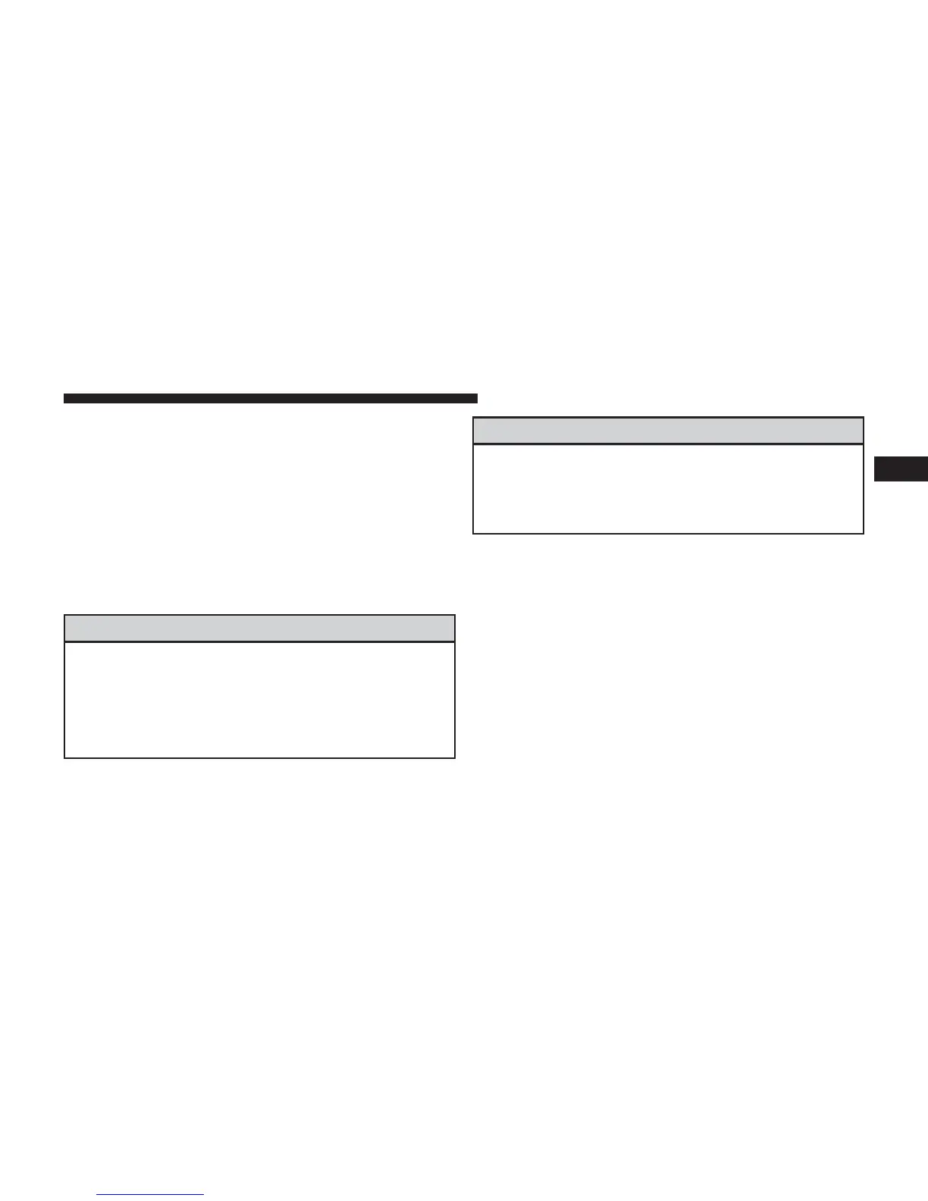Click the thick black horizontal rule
(270, 398)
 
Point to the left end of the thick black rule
(64, 398)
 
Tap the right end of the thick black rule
(476, 398)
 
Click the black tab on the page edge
(901, 469)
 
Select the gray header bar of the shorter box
(668, 431)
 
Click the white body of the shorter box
(668, 489)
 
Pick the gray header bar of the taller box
(259, 629)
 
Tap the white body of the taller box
(259, 700)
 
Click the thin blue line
(151, 1194)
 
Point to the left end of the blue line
(98, 1194)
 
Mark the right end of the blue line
(204, 1194)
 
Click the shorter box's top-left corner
(473, 418)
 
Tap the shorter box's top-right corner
(864, 418)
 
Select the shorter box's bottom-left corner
(473, 533)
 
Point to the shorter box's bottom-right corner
(864, 533)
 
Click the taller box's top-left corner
(64, 615)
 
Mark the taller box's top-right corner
(455, 615)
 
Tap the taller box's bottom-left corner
(64, 757)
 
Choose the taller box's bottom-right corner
(455, 757)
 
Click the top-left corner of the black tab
(874, 457)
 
